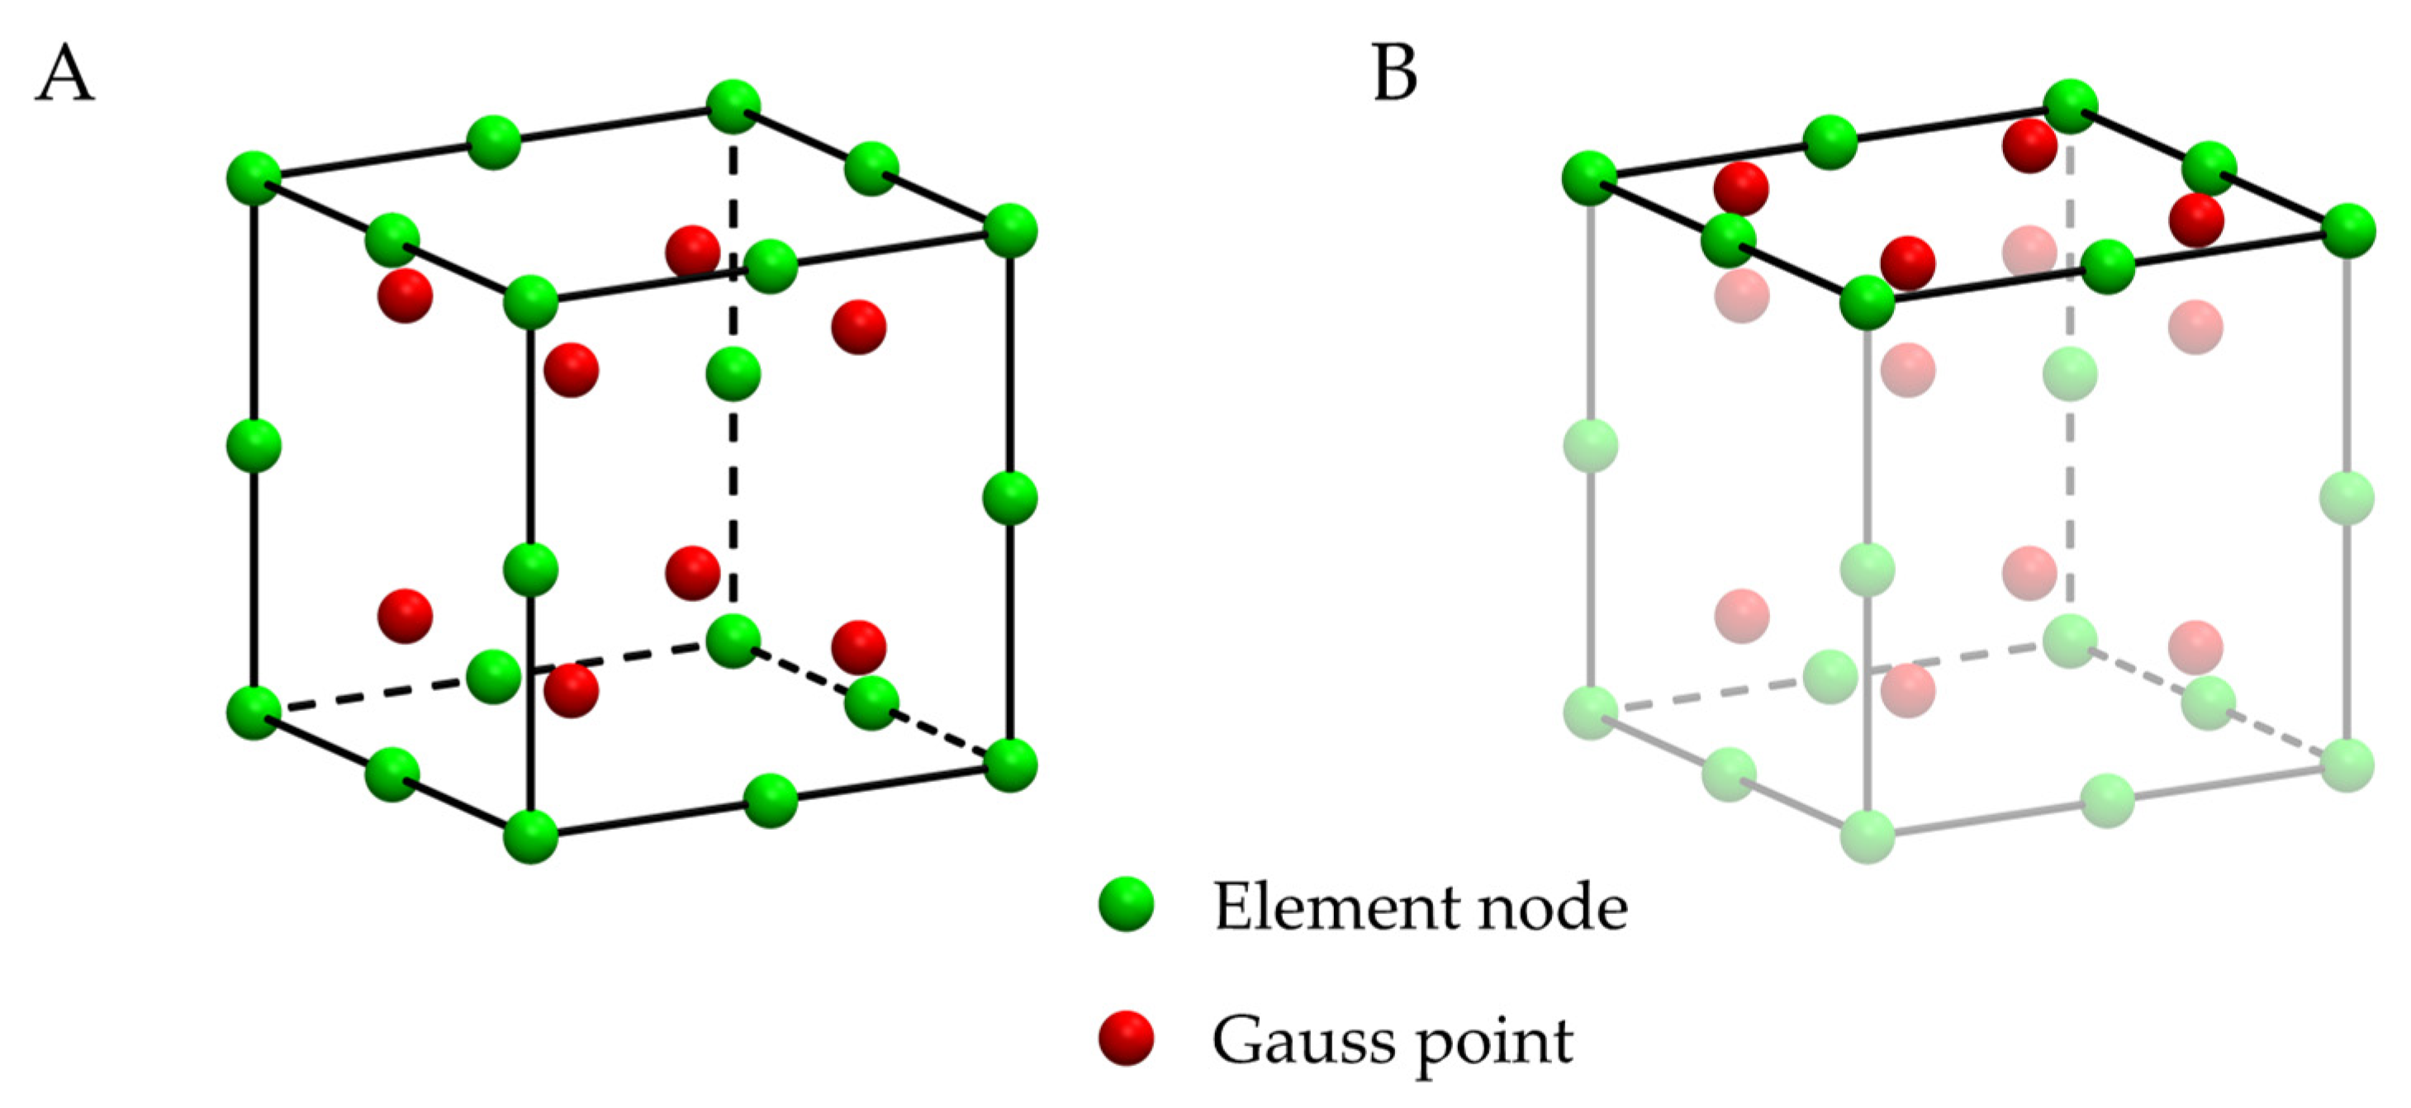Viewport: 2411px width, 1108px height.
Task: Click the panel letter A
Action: coord(64,75)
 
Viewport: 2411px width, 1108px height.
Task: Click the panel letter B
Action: coord(1394,73)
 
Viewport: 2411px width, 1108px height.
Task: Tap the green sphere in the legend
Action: coord(1126,904)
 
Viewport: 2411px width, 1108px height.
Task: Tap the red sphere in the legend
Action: coord(1126,1039)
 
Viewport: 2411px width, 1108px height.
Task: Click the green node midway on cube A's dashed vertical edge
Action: coord(733,373)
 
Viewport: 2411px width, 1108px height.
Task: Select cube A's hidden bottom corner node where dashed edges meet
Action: coord(733,641)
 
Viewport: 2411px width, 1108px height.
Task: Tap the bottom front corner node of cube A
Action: coord(530,836)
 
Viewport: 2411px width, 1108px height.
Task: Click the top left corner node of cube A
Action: coord(254,177)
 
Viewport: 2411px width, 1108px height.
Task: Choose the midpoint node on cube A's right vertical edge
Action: coord(1010,498)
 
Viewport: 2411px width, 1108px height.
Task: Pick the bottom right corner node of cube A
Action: coord(1010,765)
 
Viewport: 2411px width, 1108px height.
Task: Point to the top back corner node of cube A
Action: coord(733,107)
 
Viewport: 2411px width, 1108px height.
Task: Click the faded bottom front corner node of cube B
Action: coord(1868,836)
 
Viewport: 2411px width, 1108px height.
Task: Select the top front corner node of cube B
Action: coord(1868,302)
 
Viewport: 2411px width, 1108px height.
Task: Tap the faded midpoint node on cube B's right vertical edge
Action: coord(2347,498)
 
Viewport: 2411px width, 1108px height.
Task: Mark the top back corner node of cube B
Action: coord(2069,107)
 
